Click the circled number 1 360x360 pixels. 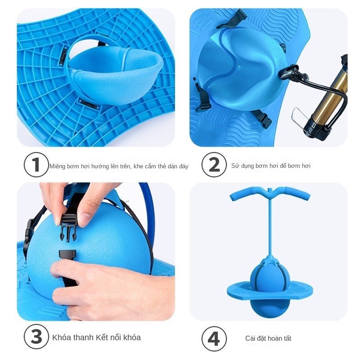click(x=36, y=165)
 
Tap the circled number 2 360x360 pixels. click(x=214, y=165)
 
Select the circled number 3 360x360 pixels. click(x=36, y=337)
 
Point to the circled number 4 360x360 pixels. click(x=214, y=338)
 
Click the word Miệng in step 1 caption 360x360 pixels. click(x=58, y=166)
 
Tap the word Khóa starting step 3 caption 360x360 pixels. click(x=62, y=337)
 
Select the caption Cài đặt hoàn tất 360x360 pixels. click(x=268, y=338)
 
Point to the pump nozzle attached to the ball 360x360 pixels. click(x=289, y=72)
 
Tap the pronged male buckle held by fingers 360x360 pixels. click(x=68, y=227)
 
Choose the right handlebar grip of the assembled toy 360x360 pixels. click(x=295, y=193)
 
